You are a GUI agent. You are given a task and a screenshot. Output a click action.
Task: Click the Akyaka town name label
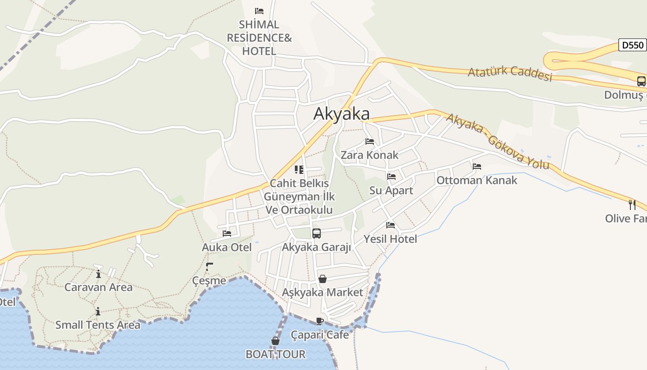342,114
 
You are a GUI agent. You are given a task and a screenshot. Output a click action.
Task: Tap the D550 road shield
632,45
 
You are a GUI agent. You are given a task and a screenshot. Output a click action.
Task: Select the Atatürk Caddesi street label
510,73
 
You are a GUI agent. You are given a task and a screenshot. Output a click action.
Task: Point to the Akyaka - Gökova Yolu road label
497,141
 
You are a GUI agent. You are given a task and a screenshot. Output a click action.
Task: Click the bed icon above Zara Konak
369,142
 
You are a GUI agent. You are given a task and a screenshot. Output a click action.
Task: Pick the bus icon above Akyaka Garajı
317,233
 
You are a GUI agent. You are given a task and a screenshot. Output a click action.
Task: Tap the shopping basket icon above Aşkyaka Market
323,279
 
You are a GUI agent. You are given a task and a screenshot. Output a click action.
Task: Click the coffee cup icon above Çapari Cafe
319,321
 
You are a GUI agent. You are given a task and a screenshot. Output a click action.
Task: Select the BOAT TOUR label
275,354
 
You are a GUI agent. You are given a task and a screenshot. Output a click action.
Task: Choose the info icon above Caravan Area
98,274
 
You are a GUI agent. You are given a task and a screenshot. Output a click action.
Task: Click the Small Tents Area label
98,325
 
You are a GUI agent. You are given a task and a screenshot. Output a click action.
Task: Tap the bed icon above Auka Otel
227,234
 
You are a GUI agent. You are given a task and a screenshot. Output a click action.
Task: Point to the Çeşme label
209,281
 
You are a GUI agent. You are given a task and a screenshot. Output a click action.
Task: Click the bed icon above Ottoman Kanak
477,166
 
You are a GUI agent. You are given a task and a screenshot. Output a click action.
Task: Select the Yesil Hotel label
390,239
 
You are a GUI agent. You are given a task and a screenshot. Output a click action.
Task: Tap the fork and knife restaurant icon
632,204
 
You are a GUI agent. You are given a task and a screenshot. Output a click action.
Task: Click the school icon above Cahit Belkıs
299,170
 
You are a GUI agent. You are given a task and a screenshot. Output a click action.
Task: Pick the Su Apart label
391,191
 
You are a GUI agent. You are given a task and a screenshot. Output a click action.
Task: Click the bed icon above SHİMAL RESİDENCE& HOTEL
259,11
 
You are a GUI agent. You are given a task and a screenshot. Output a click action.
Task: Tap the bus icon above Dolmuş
641,81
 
